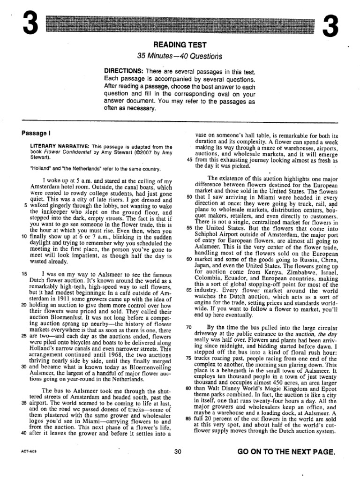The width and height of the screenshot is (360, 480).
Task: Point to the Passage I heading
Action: [x=36, y=133]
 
